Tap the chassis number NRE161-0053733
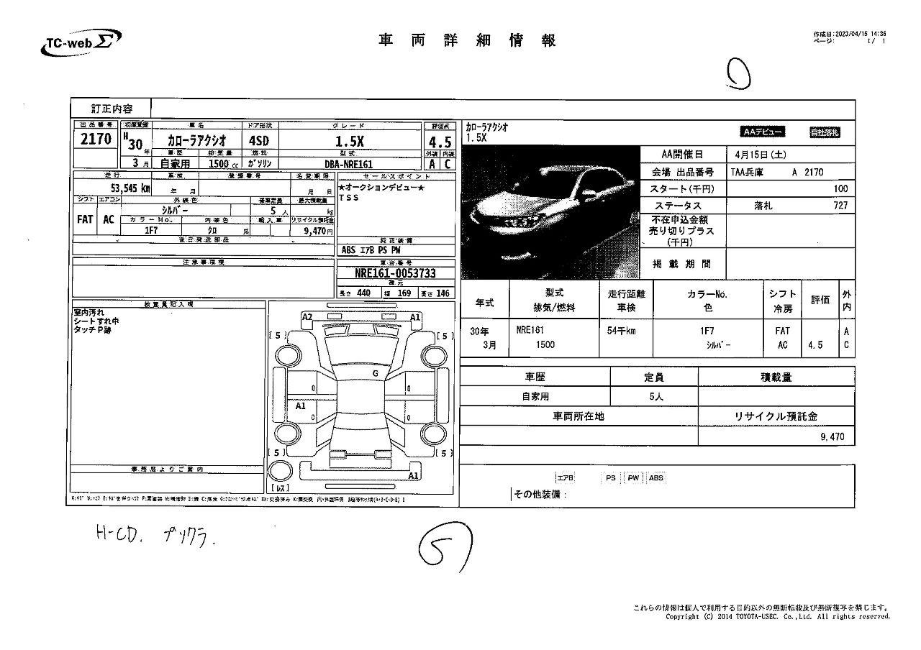(396, 273)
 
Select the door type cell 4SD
(258, 141)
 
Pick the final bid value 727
(840, 206)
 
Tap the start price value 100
(840, 188)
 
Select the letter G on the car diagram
(375, 373)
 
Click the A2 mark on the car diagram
(307, 317)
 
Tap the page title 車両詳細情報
(468, 41)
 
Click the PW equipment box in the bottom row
(633, 477)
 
